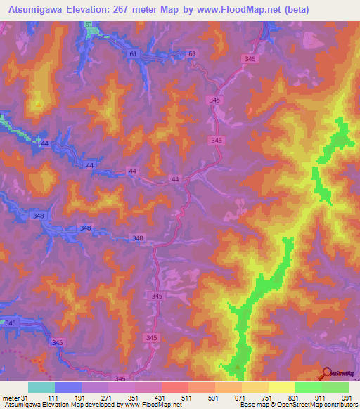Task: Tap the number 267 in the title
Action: [x=121, y=10]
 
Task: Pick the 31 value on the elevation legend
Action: [x=25, y=398]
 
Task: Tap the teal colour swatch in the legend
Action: [x=41, y=387]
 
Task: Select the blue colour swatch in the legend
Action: [x=67, y=387]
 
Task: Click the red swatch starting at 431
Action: [x=174, y=387]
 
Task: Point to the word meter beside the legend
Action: [x=11, y=398]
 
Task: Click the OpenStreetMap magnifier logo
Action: [x=327, y=373]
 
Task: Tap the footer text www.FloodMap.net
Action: [x=153, y=405]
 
